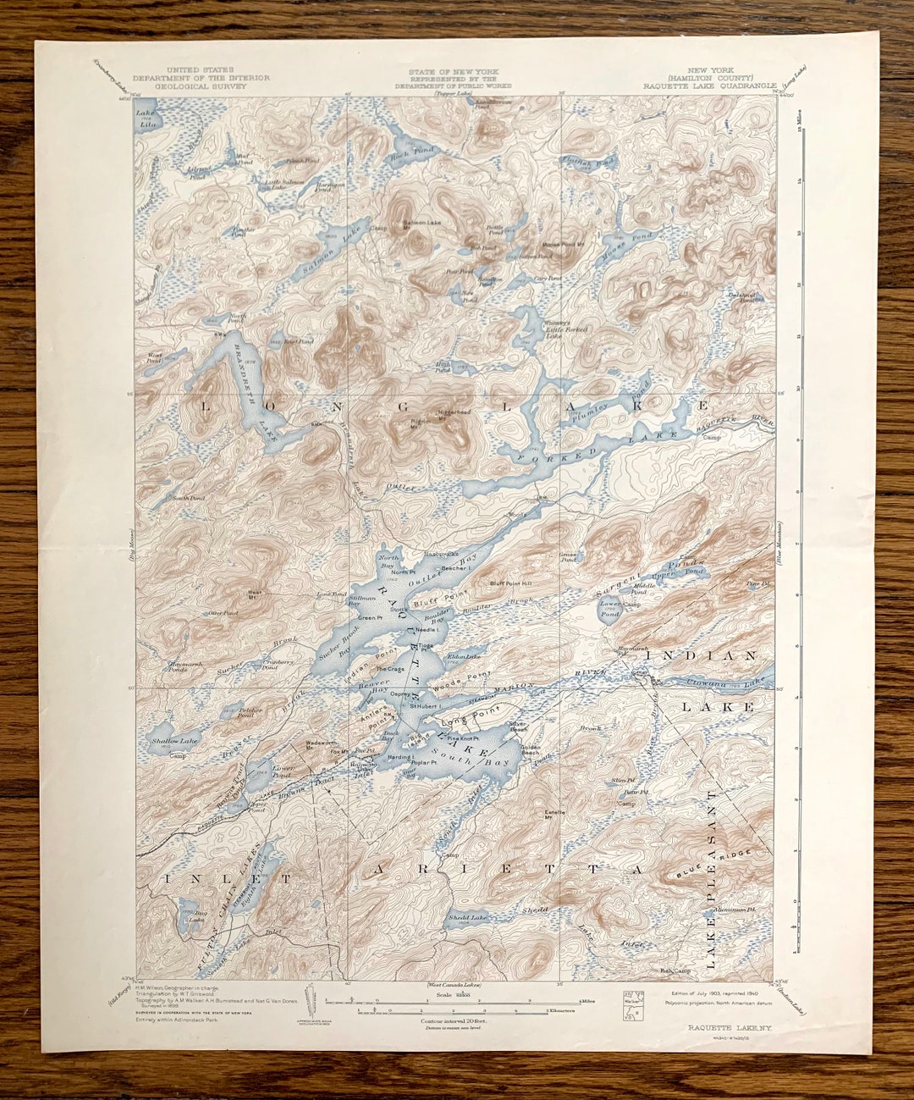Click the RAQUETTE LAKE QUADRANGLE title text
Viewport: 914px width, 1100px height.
pyautogui.click(x=709, y=86)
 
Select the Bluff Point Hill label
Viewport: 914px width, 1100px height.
pyautogui.click(x=511, y=583)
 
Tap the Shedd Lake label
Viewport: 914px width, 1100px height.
pyautogui.click(x=471, y=917)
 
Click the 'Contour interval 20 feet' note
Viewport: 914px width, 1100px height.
pyautogui.click(x=457, y=1022)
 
